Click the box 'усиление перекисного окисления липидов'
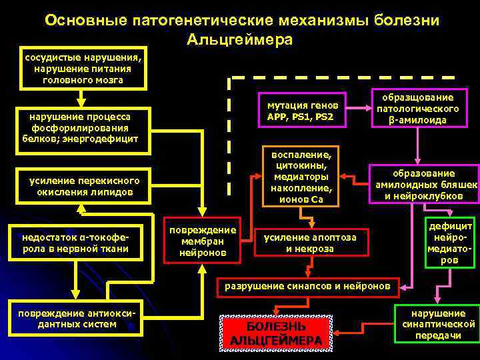coord(85,187)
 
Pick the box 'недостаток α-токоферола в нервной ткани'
coord(75,243)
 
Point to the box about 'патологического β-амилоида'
coord(418,108)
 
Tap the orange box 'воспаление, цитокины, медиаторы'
coord(300,175)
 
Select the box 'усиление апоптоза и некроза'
coord(311,243)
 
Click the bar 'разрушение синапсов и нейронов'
coord(308,286)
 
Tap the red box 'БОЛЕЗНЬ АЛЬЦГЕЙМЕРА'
coord(276,333)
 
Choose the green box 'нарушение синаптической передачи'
coord(437,324)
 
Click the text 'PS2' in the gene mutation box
coord(323,117)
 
